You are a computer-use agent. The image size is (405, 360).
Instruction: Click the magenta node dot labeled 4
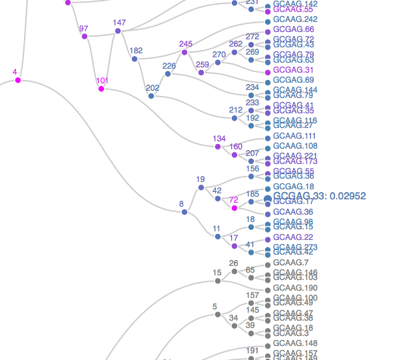18,80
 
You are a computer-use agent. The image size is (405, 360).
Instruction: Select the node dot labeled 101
101,88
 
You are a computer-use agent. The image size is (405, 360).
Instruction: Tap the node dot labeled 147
118,31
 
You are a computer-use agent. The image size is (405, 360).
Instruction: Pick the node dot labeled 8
185,212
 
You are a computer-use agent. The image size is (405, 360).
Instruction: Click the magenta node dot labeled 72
234,208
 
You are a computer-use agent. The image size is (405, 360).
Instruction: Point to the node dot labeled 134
218,146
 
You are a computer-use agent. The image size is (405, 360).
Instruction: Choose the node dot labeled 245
185,52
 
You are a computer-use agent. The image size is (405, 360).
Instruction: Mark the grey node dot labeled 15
218,281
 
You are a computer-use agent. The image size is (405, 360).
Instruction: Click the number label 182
136,51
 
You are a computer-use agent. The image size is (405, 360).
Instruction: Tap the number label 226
169,65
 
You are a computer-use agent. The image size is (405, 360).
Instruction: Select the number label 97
84,28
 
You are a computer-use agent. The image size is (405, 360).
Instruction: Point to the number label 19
201,179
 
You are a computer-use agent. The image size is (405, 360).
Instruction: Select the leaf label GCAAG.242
295,19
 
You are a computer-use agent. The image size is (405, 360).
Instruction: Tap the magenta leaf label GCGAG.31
293,70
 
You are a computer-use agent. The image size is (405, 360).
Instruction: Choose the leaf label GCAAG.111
295,136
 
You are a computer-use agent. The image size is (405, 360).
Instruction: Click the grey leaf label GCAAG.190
295,288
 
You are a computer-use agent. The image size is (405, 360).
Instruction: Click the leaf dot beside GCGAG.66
268,31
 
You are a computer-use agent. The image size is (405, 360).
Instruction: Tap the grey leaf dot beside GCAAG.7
268,263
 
